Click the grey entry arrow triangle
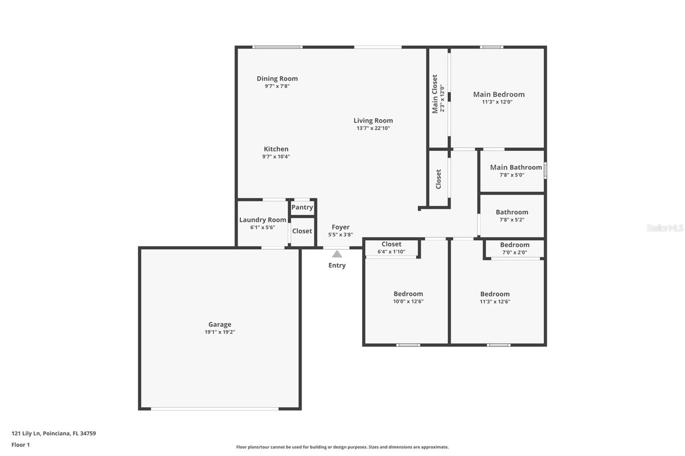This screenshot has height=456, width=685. coord(337,254)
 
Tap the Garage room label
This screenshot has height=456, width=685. coord(220,324)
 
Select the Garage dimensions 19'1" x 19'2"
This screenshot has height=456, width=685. coord(220,332)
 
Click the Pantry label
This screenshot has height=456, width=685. coord(302,207)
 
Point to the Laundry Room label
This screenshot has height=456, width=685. coord(262,219)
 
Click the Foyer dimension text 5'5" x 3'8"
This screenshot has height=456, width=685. coord(340,234)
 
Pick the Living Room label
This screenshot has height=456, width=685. coord(373,121)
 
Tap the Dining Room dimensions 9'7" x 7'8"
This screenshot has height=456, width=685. coord(277,86)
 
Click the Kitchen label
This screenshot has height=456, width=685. coord(276,149)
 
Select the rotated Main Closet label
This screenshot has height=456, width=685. coord(435,94)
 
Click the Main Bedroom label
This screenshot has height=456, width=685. coord(498,94)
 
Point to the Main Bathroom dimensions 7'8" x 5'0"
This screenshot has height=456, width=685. coord(512,175)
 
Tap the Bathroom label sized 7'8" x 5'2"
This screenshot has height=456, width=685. coord(512,212)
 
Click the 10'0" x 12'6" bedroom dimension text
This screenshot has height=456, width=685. coord(408,301)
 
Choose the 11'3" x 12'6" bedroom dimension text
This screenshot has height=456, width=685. coord(494,302)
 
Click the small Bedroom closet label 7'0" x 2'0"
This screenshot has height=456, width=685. coord(514,245)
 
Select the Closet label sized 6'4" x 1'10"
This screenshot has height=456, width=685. coord(391,244)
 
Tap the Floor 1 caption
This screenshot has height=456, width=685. coord(21,445)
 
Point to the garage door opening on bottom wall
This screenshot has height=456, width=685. coord(214,409)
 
